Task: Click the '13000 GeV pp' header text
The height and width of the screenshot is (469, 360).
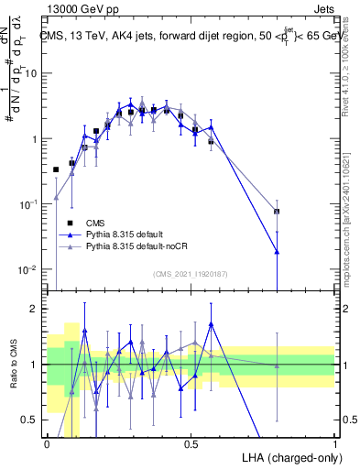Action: [80, 8]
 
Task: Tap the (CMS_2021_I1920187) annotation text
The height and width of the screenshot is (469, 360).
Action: [191, 274]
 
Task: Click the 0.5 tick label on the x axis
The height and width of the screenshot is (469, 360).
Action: [191, 443]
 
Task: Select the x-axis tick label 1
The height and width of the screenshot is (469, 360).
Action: [335, 443]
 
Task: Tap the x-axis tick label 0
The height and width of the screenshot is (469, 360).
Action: [47, 443]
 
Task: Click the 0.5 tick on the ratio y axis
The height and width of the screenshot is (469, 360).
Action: [31, 420]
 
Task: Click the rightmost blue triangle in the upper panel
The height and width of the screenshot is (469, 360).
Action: [277, 251]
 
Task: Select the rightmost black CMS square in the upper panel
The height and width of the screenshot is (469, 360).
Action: [277, 212]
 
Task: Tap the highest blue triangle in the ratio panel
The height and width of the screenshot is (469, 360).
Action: [212, 323]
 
